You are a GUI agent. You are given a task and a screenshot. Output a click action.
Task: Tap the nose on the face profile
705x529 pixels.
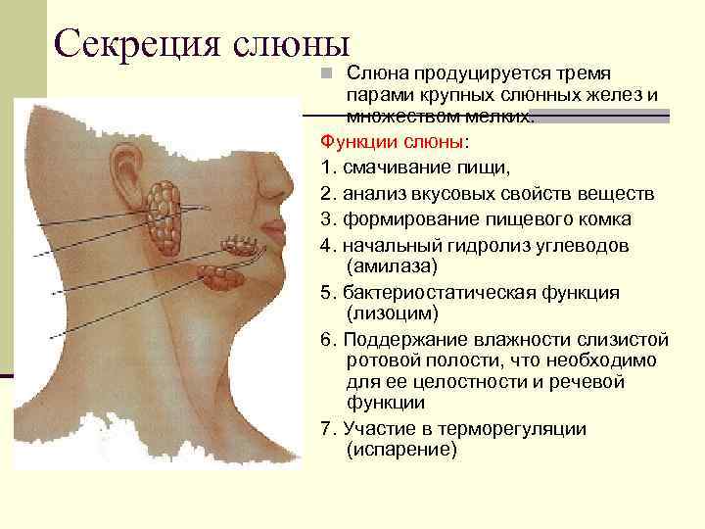click(283, 181)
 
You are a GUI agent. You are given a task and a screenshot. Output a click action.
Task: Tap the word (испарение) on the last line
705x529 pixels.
click(401, 450)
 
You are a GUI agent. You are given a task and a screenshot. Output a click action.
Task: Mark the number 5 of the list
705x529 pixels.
click(326, 292)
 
